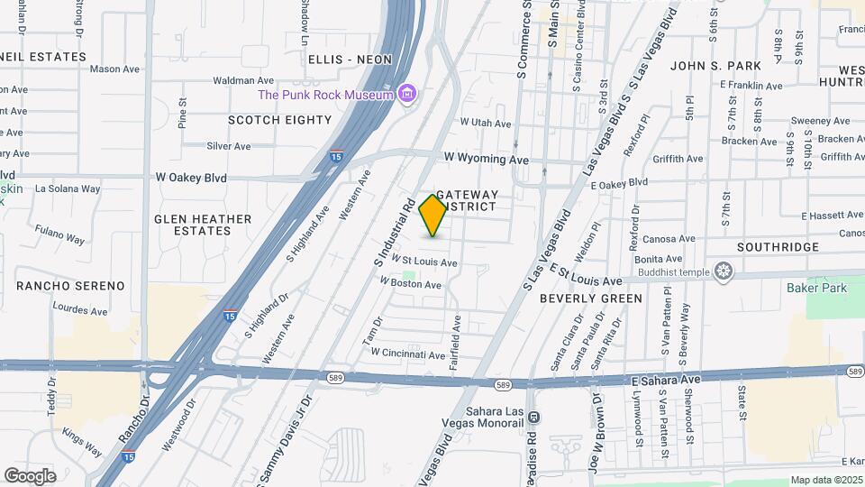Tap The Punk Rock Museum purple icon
(x=407, y=94)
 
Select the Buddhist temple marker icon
(x=724, y=271)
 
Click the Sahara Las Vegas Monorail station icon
(x=533, y=417)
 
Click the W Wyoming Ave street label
(x=484, y=160)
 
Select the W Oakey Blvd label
(x=192, y=178)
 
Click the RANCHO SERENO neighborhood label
(x=70, y=286)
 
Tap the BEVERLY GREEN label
(x=591, y=299)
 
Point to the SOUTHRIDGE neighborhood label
(x=778, y=247)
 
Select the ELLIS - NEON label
(x=350, y=60)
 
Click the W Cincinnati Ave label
(x=407, y=354)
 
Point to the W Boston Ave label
(x=410, y=284)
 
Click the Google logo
(x=30, y=475)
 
